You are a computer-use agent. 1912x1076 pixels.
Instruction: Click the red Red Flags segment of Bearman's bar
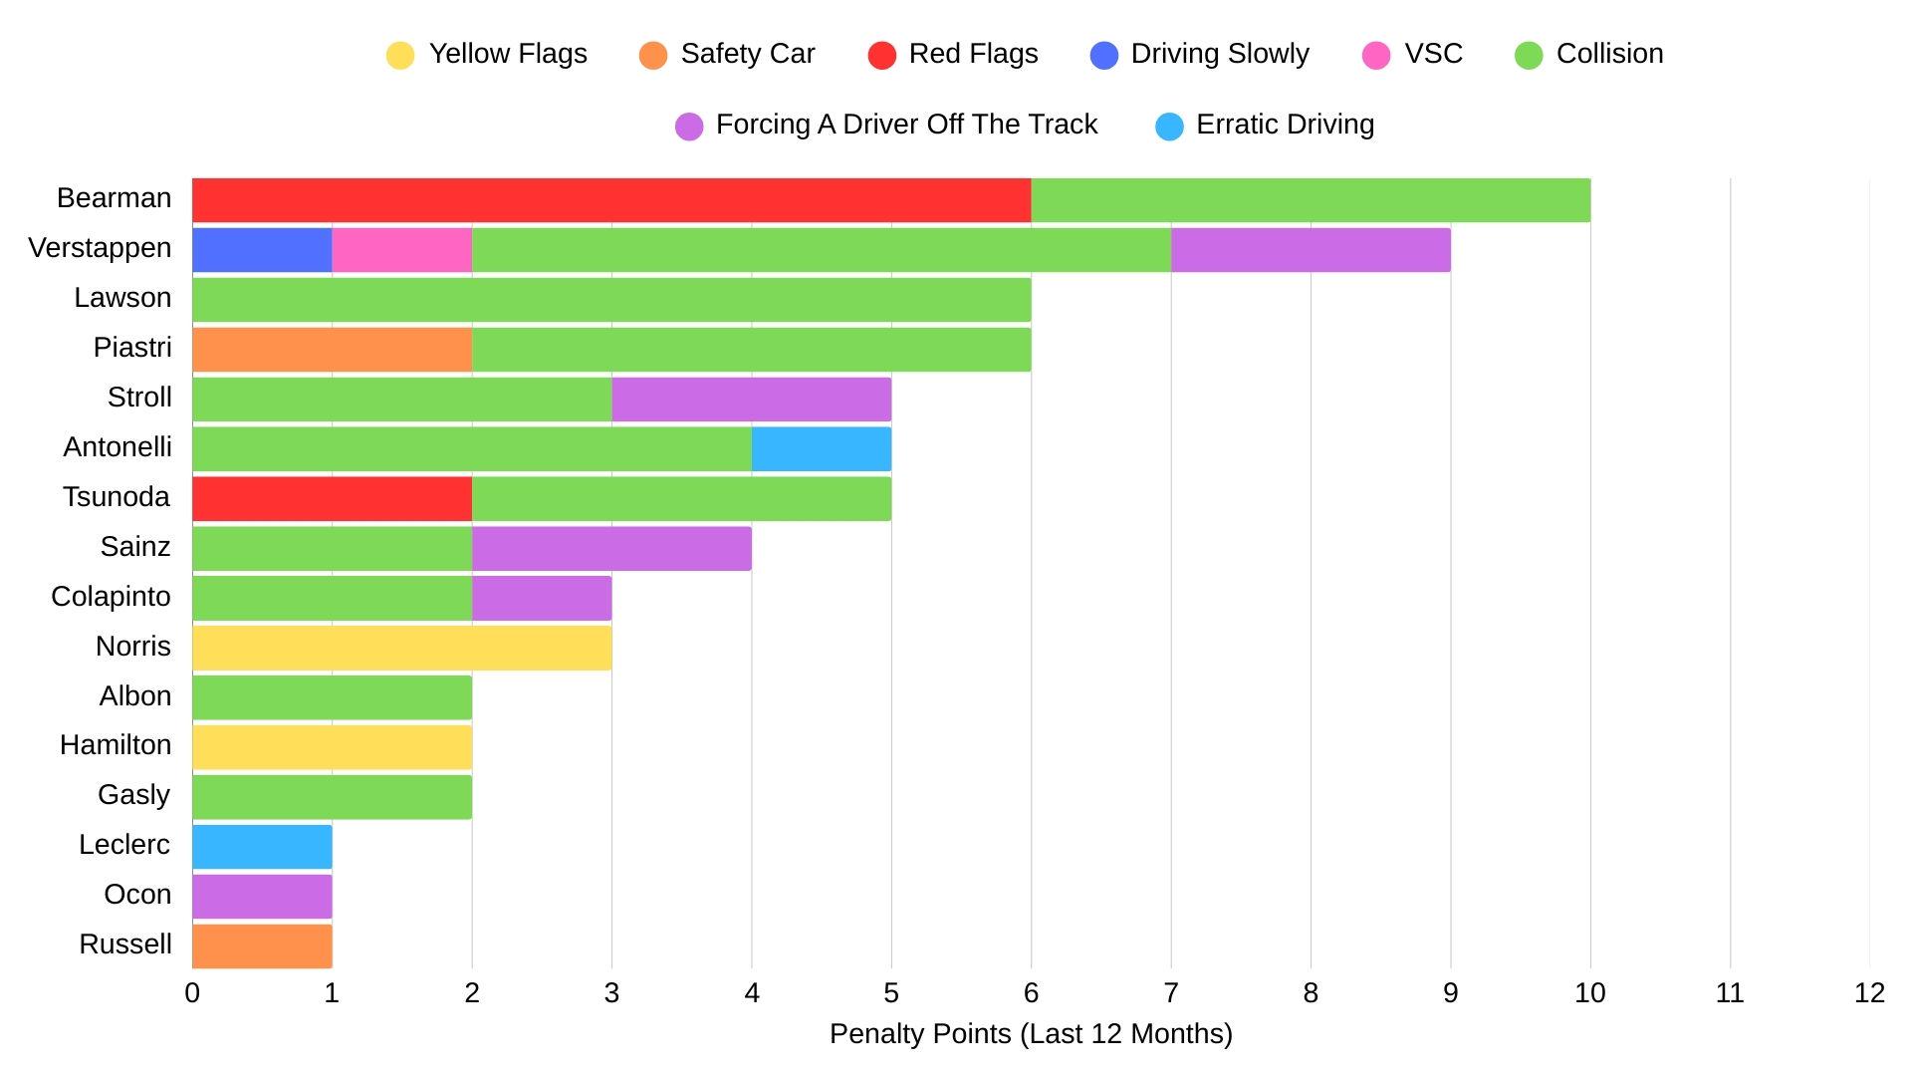pyautogui.click(x=611, y=200)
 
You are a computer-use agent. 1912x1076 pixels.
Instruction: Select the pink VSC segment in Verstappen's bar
pyautogui.click(x=401, y=250)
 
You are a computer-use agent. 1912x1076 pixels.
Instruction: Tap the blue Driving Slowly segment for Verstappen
pyautogui.click(x=262, y=250)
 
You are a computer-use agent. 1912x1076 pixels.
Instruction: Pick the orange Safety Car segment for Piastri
pyautogui.click(x=332, y=350)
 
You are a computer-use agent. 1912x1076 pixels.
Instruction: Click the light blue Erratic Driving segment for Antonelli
pyautogui.click(x=822, y=449)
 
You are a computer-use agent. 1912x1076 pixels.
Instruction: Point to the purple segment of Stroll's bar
pyautogui.click(x=752, y=400)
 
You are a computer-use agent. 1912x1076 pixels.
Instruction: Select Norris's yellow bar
pyautogui.click(x=401, y=648)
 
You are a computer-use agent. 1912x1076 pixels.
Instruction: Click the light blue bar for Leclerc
pyautogui.click(x=262, y=847)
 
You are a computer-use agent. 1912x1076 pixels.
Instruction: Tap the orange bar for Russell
pyautogui.click(x=262, y=946)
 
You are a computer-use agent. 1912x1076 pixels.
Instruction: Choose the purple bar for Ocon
pyautogui.click(x=262, y=897)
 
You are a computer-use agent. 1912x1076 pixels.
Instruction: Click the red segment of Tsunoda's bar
pyautogui.click(x=332, y=499)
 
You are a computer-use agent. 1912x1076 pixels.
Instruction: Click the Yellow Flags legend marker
pyautogui.click(x=400, y=55)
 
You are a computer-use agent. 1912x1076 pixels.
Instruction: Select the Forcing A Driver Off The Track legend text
pyautogui.click(x=906, y=125)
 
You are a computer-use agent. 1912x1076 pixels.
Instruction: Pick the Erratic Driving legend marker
pyautogui.click(x=1169, y=127)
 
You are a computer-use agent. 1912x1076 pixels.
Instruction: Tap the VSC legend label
pyautogui.click(x=1433, y=54)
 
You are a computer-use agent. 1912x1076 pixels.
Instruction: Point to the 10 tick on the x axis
pyautogui.click(x=1590, y=993)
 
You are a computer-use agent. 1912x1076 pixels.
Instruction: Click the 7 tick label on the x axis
pyautogui.click(x=1171, y=993)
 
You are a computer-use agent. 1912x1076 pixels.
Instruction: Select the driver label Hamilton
pyautogui.click(x=116, y=745)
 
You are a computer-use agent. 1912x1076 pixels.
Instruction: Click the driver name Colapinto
pyautogui.click(x=111, y=597)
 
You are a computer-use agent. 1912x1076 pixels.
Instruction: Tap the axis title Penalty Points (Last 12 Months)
pyautogui.click(x=1031, y=1034)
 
